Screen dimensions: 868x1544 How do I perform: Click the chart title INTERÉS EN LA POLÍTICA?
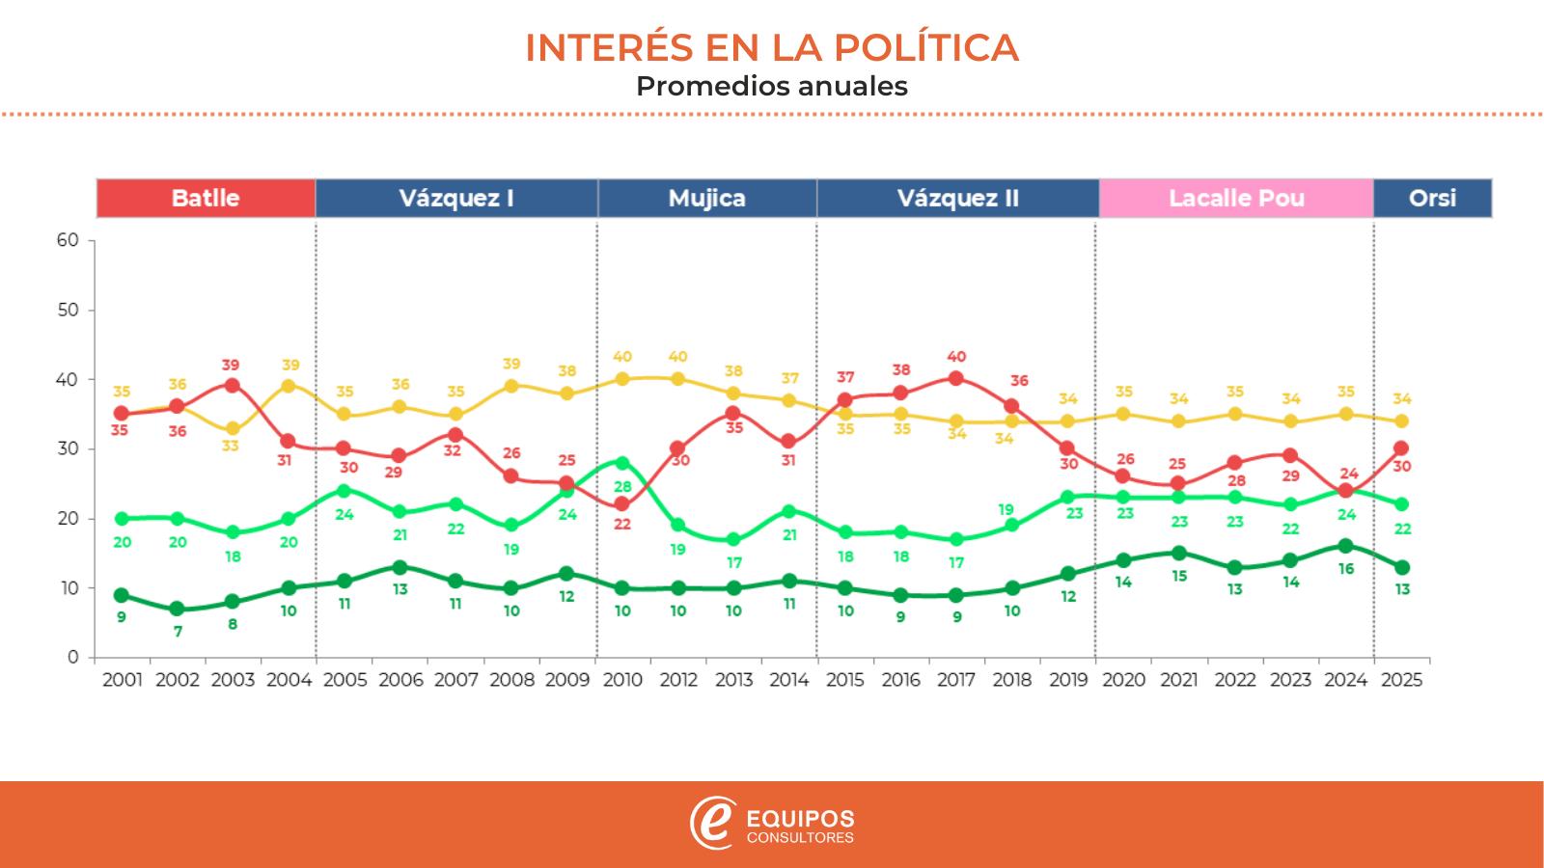(772, 48)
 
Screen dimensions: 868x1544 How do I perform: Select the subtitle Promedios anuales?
(772, 86)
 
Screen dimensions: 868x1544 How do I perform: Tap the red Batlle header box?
(206, 199)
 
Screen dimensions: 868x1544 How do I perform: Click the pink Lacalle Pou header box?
(1236, 199)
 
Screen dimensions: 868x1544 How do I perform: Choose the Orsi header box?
(1432, 199)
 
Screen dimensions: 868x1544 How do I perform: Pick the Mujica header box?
(707, 199)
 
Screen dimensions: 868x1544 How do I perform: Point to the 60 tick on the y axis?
(68, 240)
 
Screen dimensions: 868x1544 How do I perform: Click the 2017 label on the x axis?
(956, 680)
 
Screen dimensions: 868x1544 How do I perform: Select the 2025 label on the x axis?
(1401, 680)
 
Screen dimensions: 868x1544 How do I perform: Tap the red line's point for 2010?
(622, 504)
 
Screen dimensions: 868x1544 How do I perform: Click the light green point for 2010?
(622, 463)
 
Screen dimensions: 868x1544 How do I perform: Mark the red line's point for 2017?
(956, 378)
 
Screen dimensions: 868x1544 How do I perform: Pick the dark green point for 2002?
(177, 609)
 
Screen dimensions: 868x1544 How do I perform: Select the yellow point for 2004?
(288, 386)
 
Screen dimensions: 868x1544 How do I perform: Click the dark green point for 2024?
(1346, 546)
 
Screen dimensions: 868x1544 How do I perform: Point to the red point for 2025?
(1401, 448)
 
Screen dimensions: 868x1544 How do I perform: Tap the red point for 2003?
(232, 386)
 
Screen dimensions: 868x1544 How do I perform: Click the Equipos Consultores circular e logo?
(712, 824)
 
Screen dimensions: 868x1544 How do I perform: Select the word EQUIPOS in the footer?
(800, 818)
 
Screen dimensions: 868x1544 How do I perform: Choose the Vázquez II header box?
(957, 199)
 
